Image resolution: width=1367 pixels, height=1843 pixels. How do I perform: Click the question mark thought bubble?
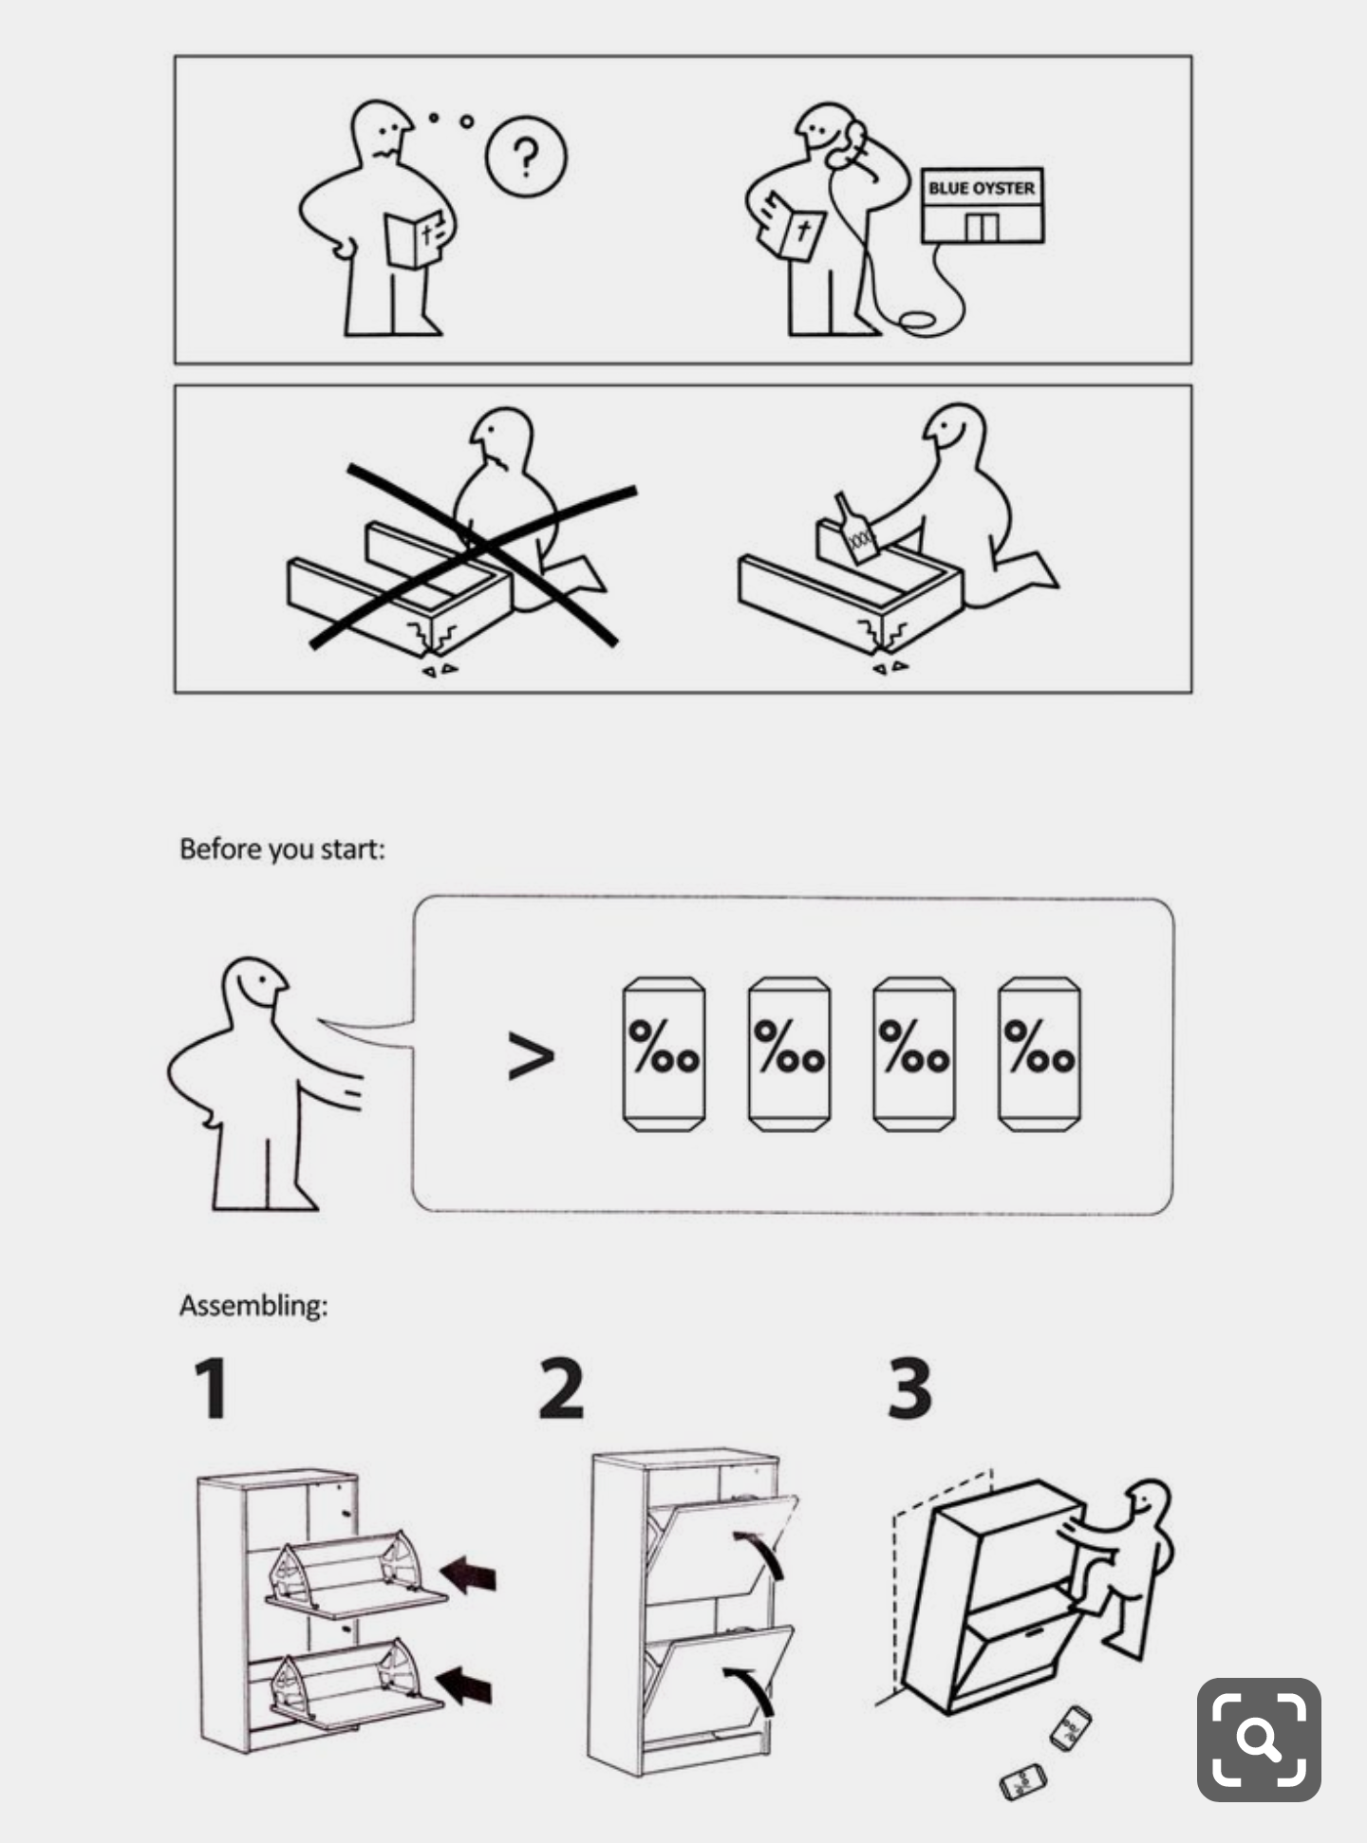coord(526,158)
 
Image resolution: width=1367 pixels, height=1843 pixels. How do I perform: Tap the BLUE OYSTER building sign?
coord(982,188)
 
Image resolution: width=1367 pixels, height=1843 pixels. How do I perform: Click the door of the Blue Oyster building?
coord(983,228)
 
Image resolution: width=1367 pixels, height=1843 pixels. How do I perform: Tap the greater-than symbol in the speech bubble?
coord(531,1056)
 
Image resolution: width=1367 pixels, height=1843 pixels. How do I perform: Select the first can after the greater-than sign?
coord(664,1054)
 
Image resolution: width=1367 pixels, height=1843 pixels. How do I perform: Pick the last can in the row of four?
coord(1039,1054)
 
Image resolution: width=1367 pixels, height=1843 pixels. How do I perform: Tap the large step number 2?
coord(561,1387)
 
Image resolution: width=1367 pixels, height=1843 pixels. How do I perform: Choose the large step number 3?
coord(909,1387)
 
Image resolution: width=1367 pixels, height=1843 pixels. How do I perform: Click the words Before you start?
coord(282,848)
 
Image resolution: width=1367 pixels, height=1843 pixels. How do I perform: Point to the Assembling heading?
coord(253,1306)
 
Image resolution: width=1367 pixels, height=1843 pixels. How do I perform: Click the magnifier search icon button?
coord(1259,1740)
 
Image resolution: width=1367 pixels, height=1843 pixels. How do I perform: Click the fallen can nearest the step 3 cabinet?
coord(1071,1727)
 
